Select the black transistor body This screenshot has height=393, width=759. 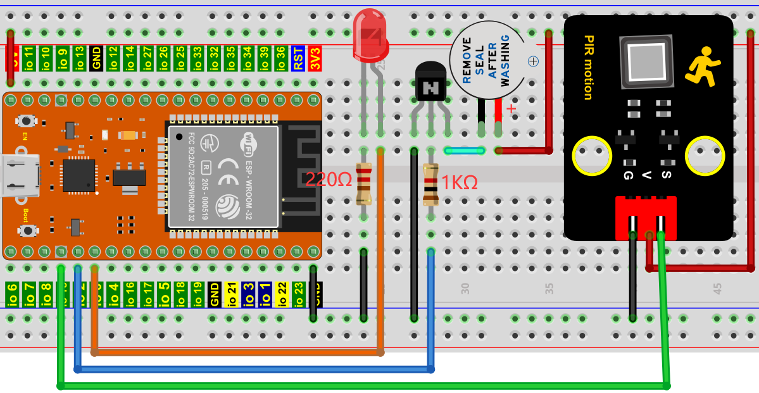click(x=430, y=82)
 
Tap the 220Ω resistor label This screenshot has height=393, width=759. click(x=329, y=180)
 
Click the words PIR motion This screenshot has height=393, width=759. click(x=587, y=68)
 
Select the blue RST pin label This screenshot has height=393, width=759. click(x=298, y=58)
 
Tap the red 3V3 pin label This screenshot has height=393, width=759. click(x=315, y=58)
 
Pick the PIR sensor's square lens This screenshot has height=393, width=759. click(x=646, y=62)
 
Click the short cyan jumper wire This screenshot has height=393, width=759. click(x=465, y=151)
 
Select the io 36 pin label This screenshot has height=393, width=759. click(x=281, y=58)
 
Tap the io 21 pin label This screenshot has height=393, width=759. click(x=232, y=295)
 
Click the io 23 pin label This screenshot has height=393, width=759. click(x=298, y=295)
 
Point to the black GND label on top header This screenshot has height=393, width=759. click(x=96, y=58)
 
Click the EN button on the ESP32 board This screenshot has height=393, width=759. click(x=26, y=120)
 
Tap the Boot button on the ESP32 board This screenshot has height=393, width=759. click(x=26, y=230)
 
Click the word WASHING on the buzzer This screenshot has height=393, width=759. click(x=505, y=61)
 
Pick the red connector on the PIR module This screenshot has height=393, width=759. click(x=646, y=217)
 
